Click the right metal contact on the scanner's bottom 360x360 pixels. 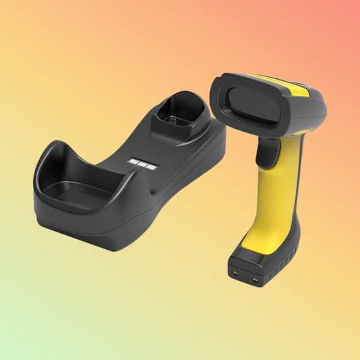tap(255, 279)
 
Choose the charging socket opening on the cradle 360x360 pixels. tap(178, 109)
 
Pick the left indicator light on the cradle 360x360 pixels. tap(134, 161)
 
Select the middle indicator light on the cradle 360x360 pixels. tap(143, 163)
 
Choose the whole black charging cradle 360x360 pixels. tap(128, 176)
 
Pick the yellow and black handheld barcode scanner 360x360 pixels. tap(270, 169)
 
